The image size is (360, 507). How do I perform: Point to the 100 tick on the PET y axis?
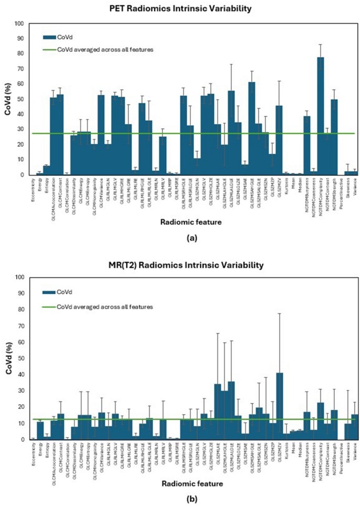click(20, 24)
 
